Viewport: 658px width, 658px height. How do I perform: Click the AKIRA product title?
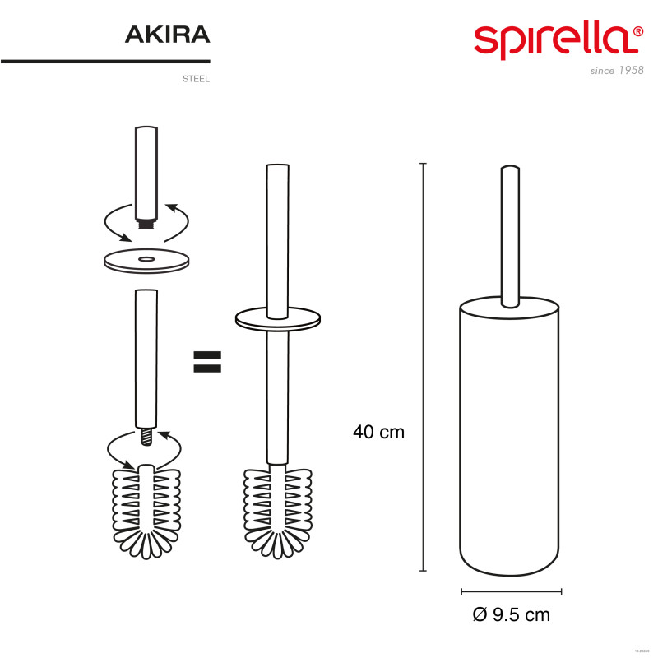[x=168, y=35]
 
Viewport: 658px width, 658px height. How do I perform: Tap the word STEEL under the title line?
[x=197, y=80]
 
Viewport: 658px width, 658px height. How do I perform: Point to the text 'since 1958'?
[x=617, y=71]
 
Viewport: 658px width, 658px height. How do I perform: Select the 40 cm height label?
[x=378, y=432]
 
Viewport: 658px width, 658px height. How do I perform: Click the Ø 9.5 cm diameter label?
[x=512, y=614]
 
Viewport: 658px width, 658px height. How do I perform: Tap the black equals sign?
[x=207, y=361]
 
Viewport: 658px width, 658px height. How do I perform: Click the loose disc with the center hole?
[x=146, y=260]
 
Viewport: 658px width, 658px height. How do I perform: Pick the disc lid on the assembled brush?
[x=278, y=317]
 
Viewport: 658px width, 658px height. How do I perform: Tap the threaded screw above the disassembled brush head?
[x=146, y=436]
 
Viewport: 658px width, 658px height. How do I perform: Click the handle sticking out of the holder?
[x=511, y=230]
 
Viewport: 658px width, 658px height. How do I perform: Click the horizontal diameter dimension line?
[x=511, y=591]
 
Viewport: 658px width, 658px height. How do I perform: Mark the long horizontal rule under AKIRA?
[x=105, y=62]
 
